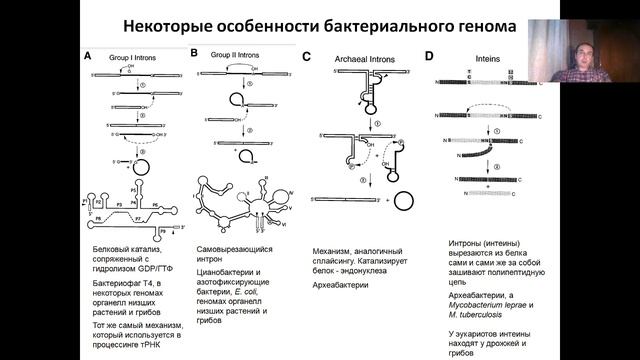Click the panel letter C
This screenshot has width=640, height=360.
pos(306,57)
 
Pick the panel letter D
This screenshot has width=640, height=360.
pos(428,57)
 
